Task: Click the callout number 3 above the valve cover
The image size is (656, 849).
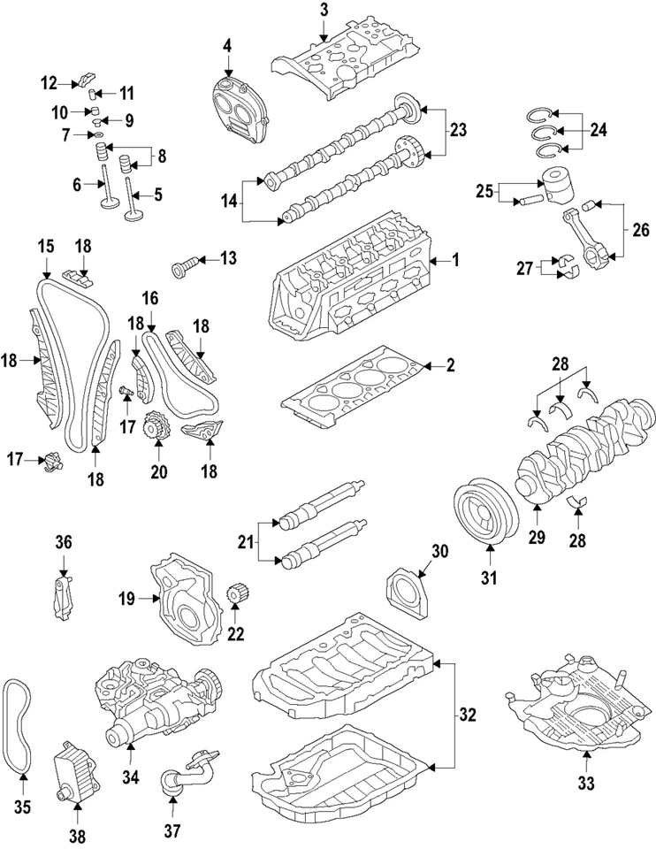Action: click(x=324, y=10)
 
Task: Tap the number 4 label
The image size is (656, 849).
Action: click(x=228, y=45)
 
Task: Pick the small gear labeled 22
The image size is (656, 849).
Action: click(x=235, y=596)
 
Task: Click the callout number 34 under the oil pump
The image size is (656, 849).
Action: click(x=131, y=778)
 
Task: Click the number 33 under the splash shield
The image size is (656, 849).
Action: click(x=586, y=783)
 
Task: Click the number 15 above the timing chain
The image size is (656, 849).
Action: click(x=45, y=244)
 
